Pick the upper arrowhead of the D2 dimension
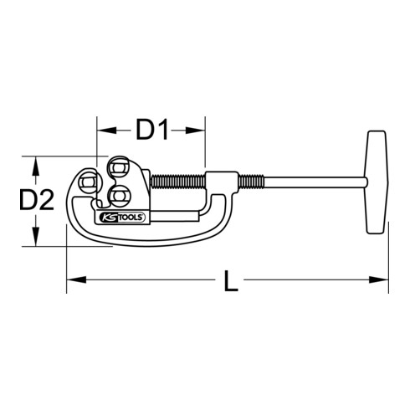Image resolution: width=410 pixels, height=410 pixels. [x=34, y=161]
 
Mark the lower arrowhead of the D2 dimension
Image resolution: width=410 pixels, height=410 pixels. [x=34, y=241]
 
